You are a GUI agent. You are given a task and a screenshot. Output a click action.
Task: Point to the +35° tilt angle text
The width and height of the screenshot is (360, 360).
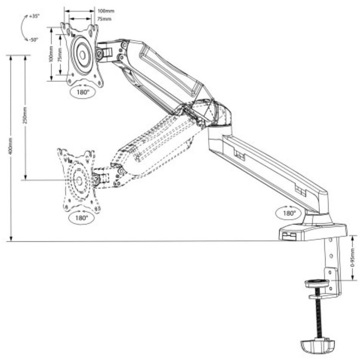34,16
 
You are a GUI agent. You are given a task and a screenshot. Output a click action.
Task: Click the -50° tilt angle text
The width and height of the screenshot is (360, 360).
33,40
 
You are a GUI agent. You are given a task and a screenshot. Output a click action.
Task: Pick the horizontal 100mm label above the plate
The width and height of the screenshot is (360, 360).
103,10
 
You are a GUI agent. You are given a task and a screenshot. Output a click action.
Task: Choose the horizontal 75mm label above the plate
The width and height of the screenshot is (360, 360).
102,19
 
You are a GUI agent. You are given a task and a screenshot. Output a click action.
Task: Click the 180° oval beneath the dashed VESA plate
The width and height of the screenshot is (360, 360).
81,218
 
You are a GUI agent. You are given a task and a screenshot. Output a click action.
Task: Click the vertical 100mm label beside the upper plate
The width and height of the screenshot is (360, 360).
51,54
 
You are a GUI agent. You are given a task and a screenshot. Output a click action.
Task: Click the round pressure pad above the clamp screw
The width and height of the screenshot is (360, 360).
317,284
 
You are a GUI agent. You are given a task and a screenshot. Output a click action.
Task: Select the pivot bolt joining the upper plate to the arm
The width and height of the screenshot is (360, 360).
100,54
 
